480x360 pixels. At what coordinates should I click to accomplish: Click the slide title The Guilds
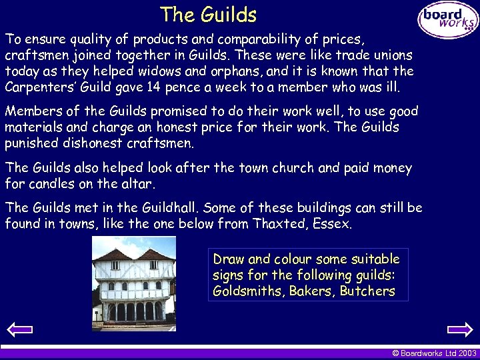tap(208, 14)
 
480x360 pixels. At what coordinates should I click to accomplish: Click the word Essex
tap(332, 224)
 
